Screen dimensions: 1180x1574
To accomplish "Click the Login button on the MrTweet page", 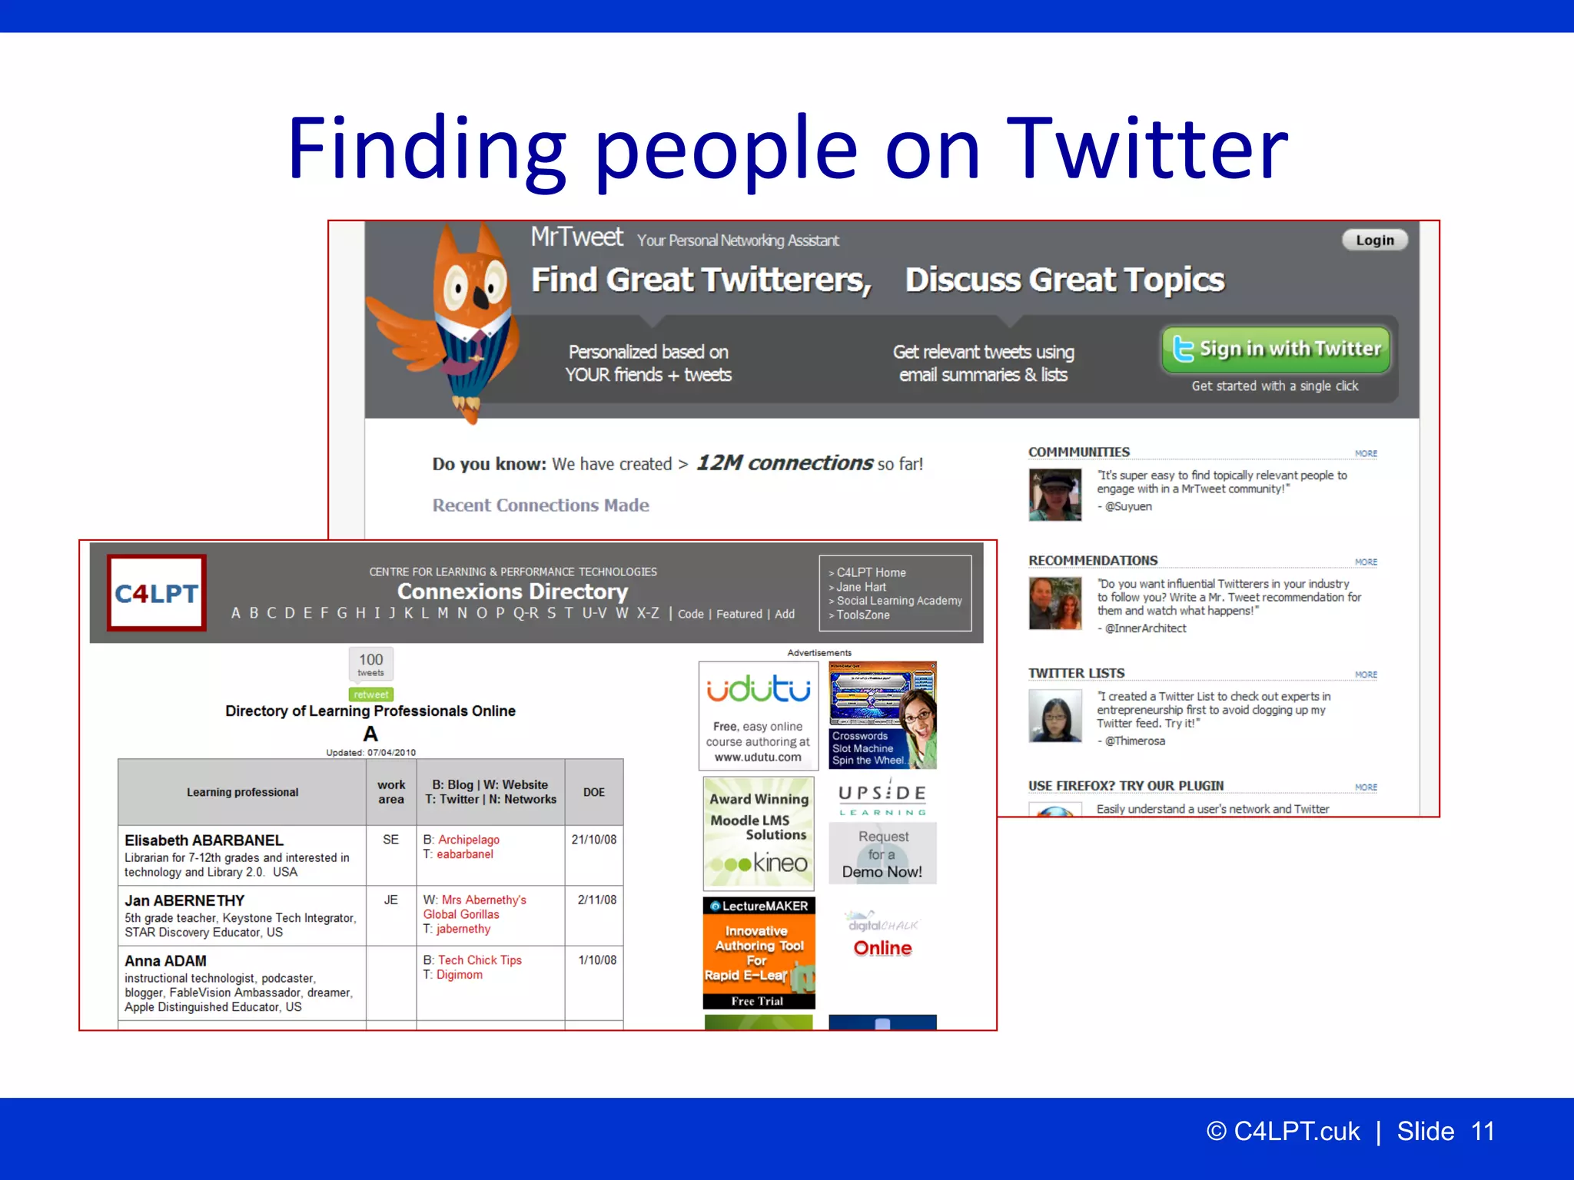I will coord(1374,240).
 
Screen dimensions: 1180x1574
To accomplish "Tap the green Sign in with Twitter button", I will coord(1276,350).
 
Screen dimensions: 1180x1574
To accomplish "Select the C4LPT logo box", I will coord(157,593).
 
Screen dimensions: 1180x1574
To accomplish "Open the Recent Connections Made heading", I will coord(540,505).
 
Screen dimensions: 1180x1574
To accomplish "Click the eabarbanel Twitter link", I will coord(465,854).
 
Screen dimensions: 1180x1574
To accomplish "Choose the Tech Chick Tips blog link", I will coord(480,960).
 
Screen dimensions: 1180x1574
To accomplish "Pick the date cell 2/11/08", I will coord(596,900).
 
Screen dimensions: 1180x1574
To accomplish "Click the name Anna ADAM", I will coord(165,961).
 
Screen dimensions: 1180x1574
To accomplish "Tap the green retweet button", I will coord(370,694).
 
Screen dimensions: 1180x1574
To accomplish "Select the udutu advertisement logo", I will coord(758,690).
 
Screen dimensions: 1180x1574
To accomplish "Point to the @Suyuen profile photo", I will coord(1054,496).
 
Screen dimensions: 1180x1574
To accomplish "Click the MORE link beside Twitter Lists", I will coord(1366,675).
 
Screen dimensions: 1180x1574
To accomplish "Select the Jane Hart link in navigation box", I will coord(861,587).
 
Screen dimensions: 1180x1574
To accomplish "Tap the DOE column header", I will coord(593,792).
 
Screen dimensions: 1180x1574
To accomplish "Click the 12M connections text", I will coord(784,463).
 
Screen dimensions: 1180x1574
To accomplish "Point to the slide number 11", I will coord(1483,1132).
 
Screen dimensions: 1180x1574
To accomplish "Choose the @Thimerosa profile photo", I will coord(1054,716).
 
